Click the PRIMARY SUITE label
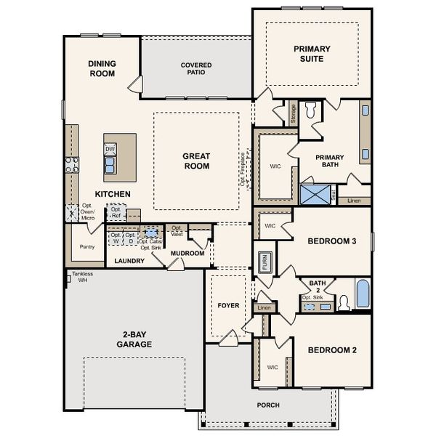(x=312, y=54)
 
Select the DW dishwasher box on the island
(x=110, y=149)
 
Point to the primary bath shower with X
(x=315, y=195)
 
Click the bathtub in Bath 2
(x=363, y=294)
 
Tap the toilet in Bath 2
(x=344, y=302)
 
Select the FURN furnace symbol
(x=265, y=262)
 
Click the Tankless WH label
(x=82, y=277)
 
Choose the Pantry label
(x=86, y=246)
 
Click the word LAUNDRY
(x=129, y=260)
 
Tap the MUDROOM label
(x=187, y=254)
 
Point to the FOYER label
(x=228, y=305)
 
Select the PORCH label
(x=267, y=405)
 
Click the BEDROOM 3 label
(x=331, y=241)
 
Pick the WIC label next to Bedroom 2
(x=272, y=367)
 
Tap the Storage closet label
(x=293, y=113)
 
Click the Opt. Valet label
(x=177, y=230)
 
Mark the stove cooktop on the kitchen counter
(x=72, y=165)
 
